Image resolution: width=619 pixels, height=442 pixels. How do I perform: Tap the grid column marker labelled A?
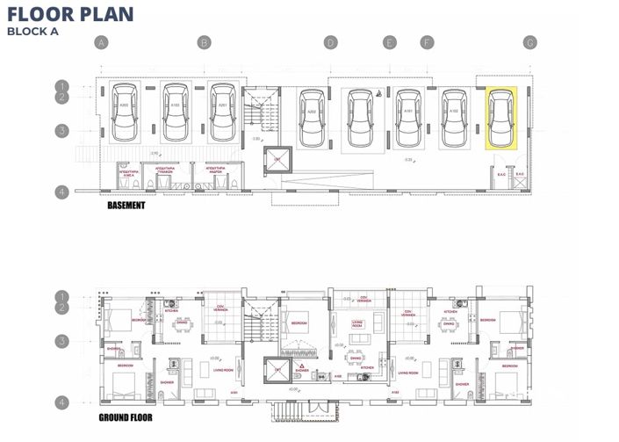click(x=102, y=42)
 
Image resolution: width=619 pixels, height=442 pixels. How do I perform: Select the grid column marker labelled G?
click(x=529, y=42)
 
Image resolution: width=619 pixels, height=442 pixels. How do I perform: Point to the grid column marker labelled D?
click(x=330, y=42)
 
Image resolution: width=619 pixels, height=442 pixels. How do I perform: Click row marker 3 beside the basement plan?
click(x=62, y=131)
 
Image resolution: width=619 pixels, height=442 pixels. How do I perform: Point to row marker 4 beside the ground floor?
click(x=62, y=402)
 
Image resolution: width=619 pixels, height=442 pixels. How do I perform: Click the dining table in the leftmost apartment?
click(x=181, y=323)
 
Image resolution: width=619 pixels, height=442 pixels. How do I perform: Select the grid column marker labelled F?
click(x=428, y=42)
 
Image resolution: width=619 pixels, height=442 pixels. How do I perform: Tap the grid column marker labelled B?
click(x=204, y=42)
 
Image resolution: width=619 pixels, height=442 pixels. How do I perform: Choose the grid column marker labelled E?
click(x=390, y=42)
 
